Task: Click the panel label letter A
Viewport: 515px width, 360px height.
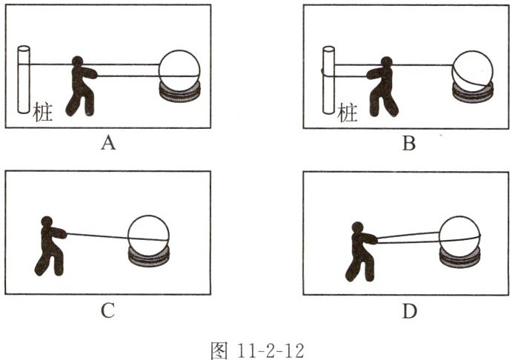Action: (x=108, y=143)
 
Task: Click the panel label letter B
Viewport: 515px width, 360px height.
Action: (x=409, y=143)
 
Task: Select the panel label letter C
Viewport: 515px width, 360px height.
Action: (x=107, y=310)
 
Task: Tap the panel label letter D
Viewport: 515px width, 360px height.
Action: (x=409, y=310)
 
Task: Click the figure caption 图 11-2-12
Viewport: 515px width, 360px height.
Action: (x=258, y=350)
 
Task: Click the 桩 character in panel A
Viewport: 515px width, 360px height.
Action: (x=43, y=112)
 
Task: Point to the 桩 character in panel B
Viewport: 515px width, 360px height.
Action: (x=348, y=113)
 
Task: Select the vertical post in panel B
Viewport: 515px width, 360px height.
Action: (x=328, y=80)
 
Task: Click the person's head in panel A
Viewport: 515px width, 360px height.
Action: (x=78, y=61)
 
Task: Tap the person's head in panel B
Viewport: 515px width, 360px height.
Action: (x=387, y=62)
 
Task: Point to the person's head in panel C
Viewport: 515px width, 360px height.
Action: (x=47, y=221)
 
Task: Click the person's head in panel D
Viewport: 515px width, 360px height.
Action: (x=357, y=227)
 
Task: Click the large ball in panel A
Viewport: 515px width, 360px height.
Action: (x=179, y=70)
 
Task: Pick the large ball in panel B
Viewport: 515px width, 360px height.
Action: (x=473, y=71)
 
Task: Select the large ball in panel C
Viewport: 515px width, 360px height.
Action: (x=148, y=236)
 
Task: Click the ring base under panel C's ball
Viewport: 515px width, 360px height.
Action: (x=148, y=258)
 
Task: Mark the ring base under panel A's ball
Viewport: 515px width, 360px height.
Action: (x=179, y=93)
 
